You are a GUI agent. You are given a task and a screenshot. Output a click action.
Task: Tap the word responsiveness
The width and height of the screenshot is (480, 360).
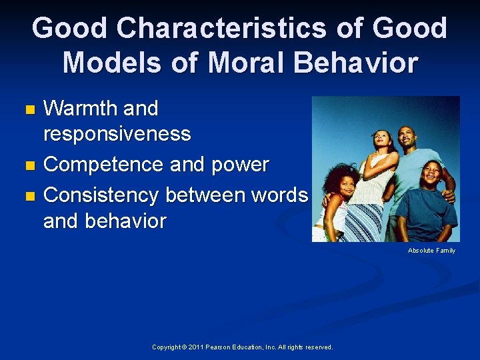click(117, 134)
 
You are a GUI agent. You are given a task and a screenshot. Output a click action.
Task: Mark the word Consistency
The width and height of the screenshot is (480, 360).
click(101, 195)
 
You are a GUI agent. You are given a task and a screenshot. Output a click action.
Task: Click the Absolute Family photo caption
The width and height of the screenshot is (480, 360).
click(431, 251)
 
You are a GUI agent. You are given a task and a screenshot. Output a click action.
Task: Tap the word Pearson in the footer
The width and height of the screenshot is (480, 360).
click(219, 347)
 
